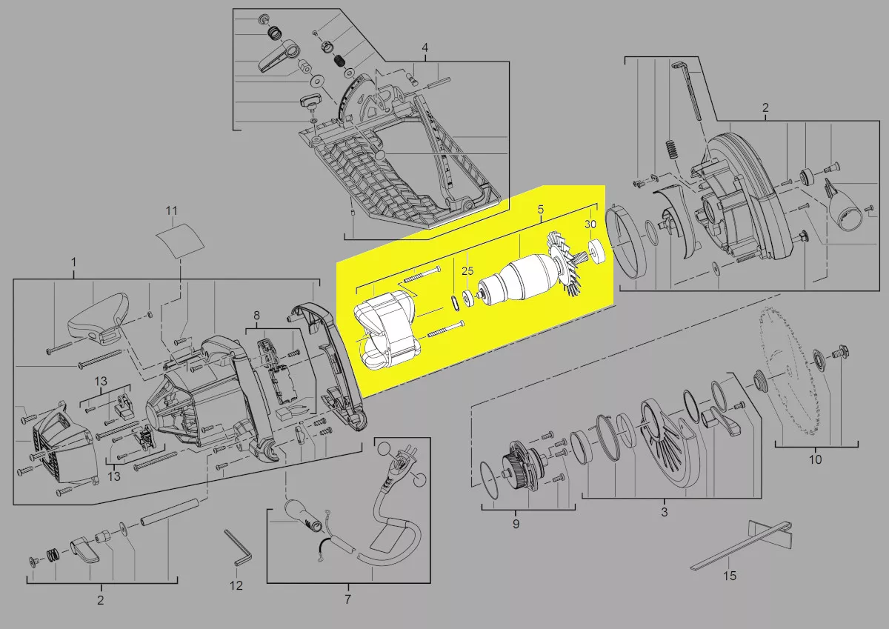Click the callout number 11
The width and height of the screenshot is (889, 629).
tap(171, 210)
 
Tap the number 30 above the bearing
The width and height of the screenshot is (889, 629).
tap(590, 224)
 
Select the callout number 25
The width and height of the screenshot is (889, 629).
tap(467, 271)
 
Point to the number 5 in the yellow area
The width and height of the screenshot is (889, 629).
tap(541, 209)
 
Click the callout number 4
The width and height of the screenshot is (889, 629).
tap(425, 48)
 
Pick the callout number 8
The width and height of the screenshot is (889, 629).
tap(257, 316)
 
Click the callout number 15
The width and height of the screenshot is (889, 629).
tap(730, 576)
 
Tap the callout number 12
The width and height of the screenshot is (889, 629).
tap(236, 585)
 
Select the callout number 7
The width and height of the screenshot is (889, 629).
tap(347, 599)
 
